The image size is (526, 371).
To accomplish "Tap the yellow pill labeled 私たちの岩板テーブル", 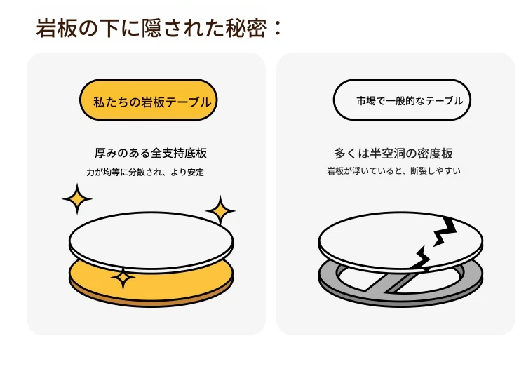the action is (x=148, y=100).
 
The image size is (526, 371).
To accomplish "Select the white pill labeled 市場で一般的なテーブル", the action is (x=402, y=100).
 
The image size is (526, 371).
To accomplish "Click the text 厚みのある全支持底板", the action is (x=151, y=153).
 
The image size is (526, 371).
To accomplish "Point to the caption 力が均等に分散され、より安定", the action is (x=145, y=172).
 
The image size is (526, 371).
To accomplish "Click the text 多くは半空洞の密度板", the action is (x=393, y=154).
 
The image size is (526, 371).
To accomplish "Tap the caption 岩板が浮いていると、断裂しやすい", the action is (x=393, y=170).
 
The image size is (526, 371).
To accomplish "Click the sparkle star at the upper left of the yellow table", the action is (x=77, y=199).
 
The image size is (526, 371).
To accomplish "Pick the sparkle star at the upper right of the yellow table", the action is (x=220, y=210).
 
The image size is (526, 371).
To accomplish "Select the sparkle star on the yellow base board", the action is (x=123, y=278).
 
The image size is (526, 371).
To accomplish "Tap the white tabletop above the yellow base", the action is (x=151, y=240).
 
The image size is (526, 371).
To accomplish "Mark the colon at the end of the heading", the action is (x=277, y=29).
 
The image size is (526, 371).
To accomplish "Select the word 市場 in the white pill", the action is (x=366, y=100).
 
